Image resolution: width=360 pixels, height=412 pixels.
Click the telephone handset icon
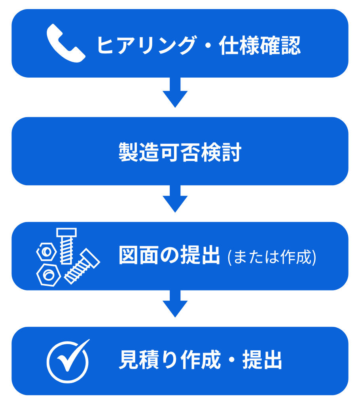(66, 43)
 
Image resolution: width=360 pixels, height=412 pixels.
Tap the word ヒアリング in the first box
(146, 45)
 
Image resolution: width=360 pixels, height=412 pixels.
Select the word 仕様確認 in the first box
(260, 45)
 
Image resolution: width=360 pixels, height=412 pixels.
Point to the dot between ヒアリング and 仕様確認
(207, 45)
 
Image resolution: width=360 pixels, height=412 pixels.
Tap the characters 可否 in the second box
(180, 152)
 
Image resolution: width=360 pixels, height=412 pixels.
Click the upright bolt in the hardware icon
(66, 245)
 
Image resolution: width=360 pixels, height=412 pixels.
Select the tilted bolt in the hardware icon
(81, 266)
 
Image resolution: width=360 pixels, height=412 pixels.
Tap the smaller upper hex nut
(47, 252)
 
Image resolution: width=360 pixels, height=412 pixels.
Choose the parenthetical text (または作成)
(272, 257)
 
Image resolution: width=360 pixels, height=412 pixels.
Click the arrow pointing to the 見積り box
(175, 304)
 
